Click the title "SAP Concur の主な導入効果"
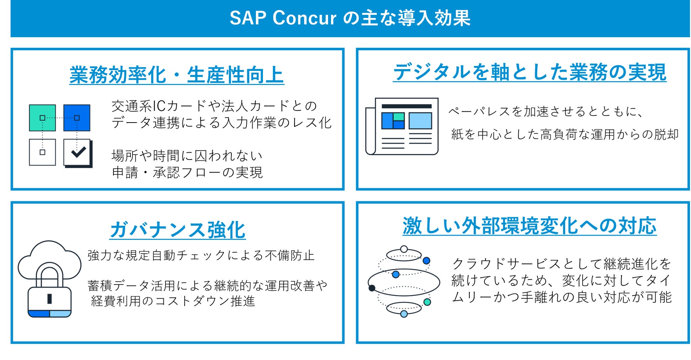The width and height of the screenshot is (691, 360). point(350,18)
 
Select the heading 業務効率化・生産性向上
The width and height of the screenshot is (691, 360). point(176,75)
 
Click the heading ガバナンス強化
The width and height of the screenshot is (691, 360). point(178,230)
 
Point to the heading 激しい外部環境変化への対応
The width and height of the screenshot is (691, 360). point(529,226)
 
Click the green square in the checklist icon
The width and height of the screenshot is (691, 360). point(42,118)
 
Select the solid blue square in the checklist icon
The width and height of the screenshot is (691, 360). point(77,118)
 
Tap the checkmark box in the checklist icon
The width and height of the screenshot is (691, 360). point(78,153)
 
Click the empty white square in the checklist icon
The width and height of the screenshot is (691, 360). point(42,152)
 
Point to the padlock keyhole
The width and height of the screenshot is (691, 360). point(50,299)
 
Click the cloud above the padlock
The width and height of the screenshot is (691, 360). point(49,259)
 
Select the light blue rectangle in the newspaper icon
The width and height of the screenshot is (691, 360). point(420,121)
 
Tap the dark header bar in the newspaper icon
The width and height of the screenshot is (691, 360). point(406,106)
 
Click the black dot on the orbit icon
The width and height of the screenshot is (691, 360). point(372,288)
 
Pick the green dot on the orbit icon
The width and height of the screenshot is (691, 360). point(427,302)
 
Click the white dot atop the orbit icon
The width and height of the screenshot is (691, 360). point(404,249)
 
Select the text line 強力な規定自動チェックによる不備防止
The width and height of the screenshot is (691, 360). point(201,255)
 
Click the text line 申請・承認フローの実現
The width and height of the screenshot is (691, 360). point(187,173)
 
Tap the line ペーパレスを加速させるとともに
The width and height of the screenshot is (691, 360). point(546,112)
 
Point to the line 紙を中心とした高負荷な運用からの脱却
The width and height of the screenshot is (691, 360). point(565,135)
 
